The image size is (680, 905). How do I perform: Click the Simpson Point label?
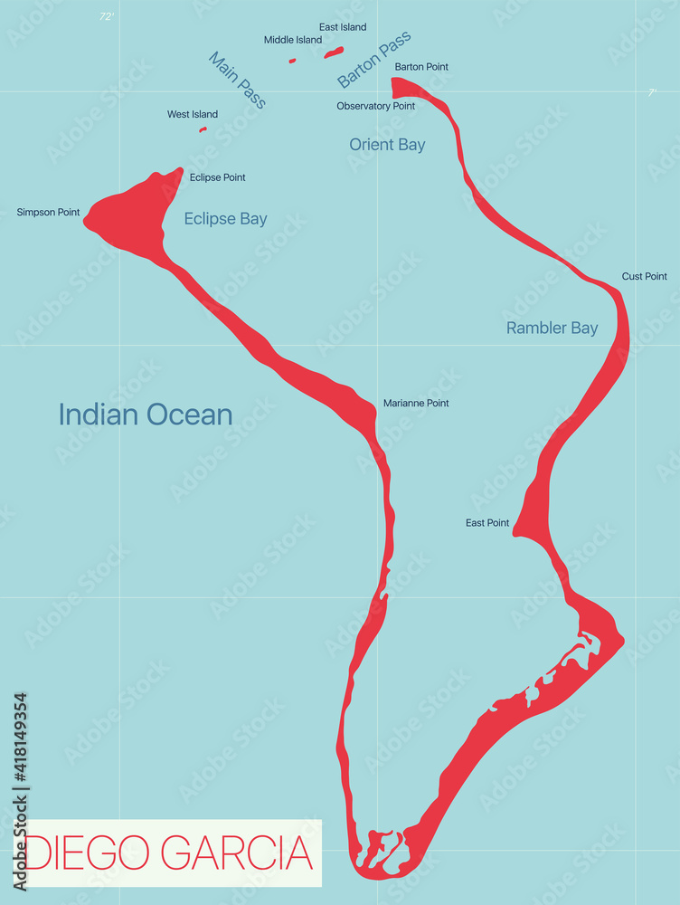[48, 213]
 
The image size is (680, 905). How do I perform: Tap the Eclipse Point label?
[217, 177]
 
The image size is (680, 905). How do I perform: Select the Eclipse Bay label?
[225, 218]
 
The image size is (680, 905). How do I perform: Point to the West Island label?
[192, 115]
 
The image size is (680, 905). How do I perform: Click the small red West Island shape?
[203, 129]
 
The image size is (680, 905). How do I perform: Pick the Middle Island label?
[292, 40]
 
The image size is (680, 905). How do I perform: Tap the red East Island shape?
[334, 52]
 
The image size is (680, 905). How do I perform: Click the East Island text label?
[343, 27]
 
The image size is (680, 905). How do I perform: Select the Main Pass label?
[237, 80]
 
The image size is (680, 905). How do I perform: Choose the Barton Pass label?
[374, 59]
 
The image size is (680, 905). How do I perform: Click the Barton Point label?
[421, 67]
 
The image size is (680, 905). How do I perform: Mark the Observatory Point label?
[375, 106]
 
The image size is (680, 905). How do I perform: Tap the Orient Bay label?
[387, 145]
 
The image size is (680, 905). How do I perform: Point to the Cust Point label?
[644, 276]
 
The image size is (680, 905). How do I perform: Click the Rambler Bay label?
[552, 328]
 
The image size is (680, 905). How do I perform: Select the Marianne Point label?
[416, 403]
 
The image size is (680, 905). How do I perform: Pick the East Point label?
[487, 523]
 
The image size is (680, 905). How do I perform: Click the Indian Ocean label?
[146, 414]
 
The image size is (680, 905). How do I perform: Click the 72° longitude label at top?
[107, 16]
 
